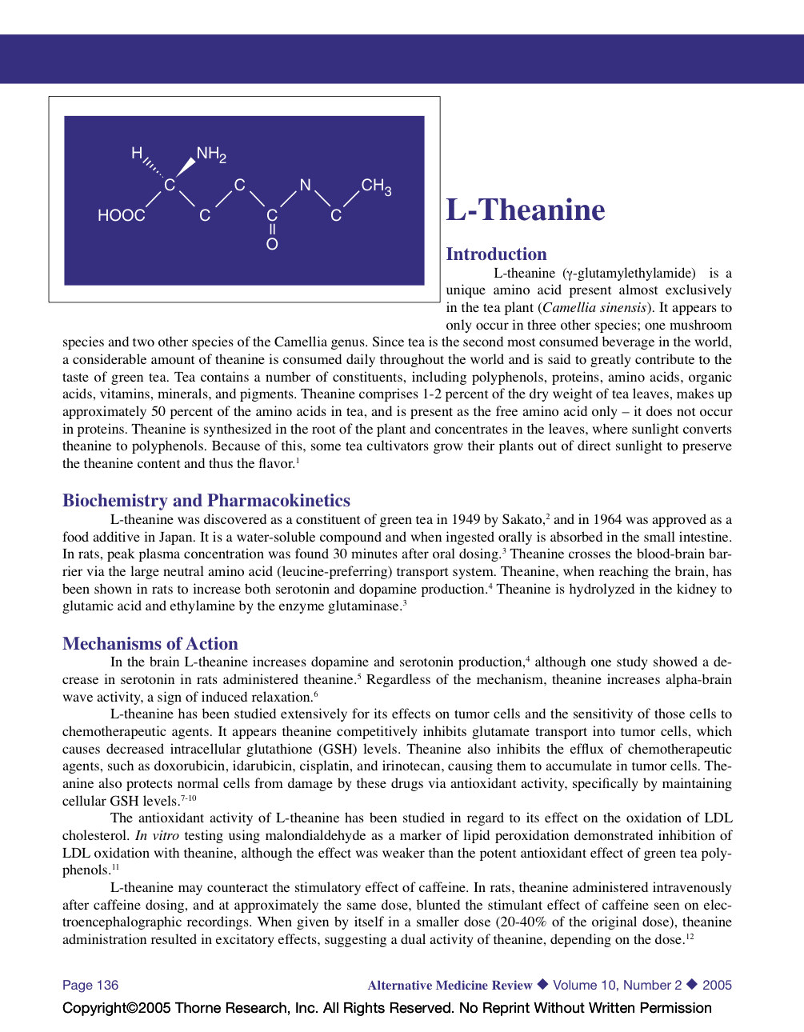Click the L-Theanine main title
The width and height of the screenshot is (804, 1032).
coord(526,210)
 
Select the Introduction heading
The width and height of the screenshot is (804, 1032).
coord(496,254)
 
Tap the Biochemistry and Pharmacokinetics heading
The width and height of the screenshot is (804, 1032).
coord(206,501)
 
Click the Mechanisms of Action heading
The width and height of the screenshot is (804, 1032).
coord(150,644)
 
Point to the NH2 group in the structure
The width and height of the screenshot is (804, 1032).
coord(211,154)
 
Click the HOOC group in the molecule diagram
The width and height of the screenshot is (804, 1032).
coord(122,215)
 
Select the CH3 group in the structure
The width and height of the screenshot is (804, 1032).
coord(376,186)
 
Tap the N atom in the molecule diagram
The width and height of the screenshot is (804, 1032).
coord(305,185)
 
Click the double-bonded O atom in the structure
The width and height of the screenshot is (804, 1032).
coord(272,244)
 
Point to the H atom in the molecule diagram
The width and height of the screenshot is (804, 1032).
coord(137,153)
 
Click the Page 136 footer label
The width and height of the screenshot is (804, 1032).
coord(90,986)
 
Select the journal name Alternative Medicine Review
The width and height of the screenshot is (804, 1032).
coord(450,986)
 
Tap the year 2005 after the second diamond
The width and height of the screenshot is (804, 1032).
coord(717,986)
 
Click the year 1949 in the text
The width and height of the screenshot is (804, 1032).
coord(466,520)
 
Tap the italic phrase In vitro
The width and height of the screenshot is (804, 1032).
coord(157,836)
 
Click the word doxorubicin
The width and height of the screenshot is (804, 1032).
coord(189,766)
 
